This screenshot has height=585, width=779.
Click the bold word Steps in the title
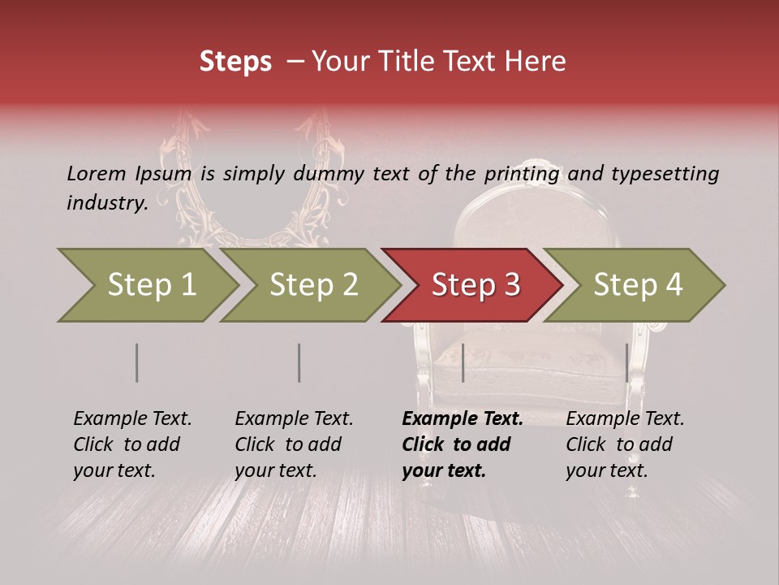[x=235, y=62]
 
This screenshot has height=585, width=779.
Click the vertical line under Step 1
[x=137, y=362]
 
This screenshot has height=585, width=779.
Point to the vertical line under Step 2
[x=299, y=362]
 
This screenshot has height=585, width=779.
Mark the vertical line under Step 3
[x=463, y=362]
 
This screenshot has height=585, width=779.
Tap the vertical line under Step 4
[x=626, y=362]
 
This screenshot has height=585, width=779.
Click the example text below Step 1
[x=132, y=444]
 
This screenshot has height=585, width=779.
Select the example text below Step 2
[x=294, y=444]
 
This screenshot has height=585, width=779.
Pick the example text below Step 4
[x=625, y=444]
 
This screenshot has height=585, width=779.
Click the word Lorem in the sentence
[x=96, y=173]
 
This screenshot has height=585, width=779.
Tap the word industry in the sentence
[x=107, y=202]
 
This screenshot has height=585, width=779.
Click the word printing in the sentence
[x=522, y=173]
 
